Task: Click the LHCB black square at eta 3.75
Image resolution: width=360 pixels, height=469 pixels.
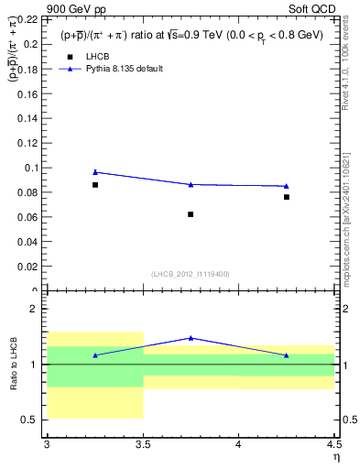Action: click(x=191, y=214)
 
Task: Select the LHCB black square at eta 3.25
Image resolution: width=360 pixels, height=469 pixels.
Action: click(x=94, y=185)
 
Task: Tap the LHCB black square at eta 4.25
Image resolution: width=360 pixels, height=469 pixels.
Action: click(x=287, y=197)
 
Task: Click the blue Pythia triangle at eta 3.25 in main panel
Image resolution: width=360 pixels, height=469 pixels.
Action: click(x=94, y=172)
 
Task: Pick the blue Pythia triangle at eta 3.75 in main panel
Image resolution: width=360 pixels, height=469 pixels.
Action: click(x=191, y=184)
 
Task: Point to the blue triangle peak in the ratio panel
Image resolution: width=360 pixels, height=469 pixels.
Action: click(x=191, y=338)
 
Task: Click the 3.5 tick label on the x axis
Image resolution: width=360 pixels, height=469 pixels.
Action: click(x=142, y=444)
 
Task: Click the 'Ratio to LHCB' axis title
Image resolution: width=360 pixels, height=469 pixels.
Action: click(x=13, y=365)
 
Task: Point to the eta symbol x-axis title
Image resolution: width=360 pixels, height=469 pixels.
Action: click(x=336, y=456)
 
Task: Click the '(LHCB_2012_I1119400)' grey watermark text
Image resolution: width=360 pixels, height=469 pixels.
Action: click(x=190, y=274)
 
